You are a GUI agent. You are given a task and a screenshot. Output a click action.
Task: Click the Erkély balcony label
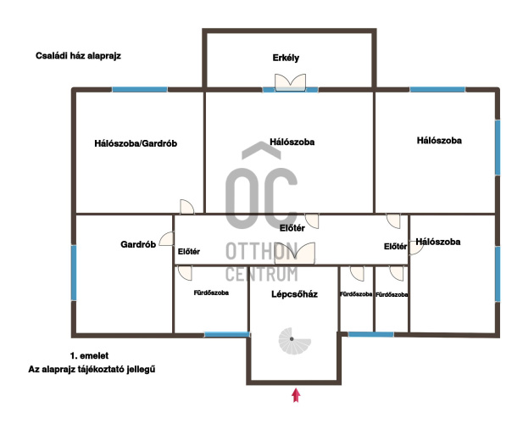(286, 58)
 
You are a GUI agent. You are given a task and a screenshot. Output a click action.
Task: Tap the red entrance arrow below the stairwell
(296, 395)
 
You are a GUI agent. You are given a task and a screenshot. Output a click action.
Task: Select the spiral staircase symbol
(294, 341)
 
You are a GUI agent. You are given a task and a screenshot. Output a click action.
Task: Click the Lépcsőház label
(294, 294)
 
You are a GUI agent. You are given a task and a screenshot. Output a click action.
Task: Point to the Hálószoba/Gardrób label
(136, 143)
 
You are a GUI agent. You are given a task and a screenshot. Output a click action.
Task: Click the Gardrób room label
(138, 244)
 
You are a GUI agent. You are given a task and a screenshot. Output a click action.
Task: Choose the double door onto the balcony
(290, 82)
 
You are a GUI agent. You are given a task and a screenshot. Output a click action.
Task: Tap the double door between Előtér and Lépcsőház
(295, 254)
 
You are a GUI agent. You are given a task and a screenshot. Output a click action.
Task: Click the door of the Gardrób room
(166, 239)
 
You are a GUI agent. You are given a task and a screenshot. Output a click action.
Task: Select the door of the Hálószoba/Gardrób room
(186, 207)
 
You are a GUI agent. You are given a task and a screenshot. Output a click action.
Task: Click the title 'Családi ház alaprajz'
(78, 56)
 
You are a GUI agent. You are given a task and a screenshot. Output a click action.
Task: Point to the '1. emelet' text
(89, 356)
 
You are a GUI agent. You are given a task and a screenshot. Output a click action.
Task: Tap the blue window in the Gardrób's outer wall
(74, 273)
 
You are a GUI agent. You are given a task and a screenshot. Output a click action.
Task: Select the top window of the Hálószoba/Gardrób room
(140, 89)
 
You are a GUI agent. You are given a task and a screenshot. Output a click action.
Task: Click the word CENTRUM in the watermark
(261, 274)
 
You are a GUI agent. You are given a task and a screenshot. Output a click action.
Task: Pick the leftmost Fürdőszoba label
(211, 293)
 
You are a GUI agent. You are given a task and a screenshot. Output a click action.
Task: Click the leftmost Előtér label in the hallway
(189, 252)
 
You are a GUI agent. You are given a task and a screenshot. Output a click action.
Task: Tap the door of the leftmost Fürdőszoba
(185, 273)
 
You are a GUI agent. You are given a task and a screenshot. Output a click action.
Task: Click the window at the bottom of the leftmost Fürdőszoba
(227, 334)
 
